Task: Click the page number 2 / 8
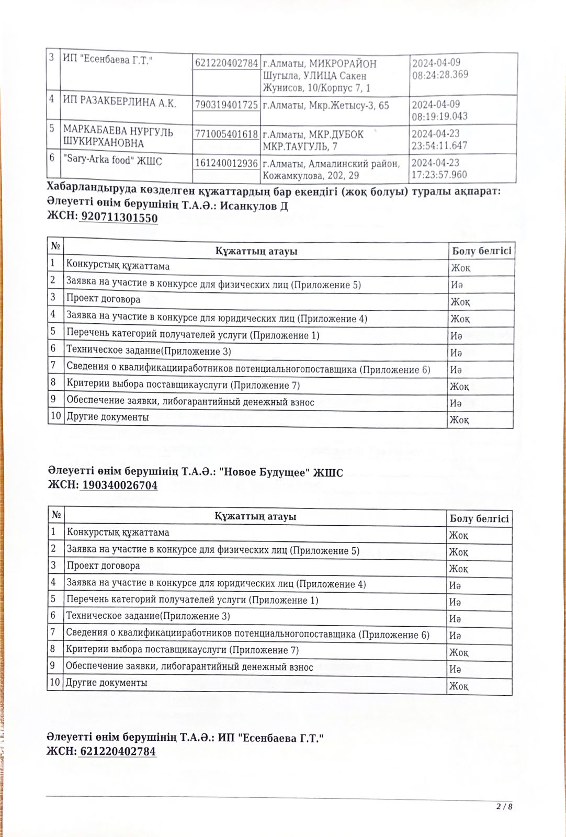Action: pos(504,806)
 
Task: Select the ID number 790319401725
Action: pos(227,105)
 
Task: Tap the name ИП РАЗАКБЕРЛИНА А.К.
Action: pos(119,103)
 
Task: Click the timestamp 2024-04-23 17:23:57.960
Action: pos(439,168)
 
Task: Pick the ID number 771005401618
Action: pos(227,134)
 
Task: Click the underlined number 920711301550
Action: pos(119,218)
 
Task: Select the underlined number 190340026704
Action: pos(119,485)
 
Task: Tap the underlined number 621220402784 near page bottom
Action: pos(118,751)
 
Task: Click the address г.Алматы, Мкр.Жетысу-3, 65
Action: pos(326,105)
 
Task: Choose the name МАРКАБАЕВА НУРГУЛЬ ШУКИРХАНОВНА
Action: pos(118,137)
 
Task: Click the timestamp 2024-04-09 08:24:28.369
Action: pos(440,69)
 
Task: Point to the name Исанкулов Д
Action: pos(254,206)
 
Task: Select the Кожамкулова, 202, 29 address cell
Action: pos(331,169)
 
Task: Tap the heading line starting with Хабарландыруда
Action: pos(273,191)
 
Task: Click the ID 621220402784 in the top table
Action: pos(227,63)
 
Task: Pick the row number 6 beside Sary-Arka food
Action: pos(52,157)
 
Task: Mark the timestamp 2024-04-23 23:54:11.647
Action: pos(439,139)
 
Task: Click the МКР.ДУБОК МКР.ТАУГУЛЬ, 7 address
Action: pos(313,140)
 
